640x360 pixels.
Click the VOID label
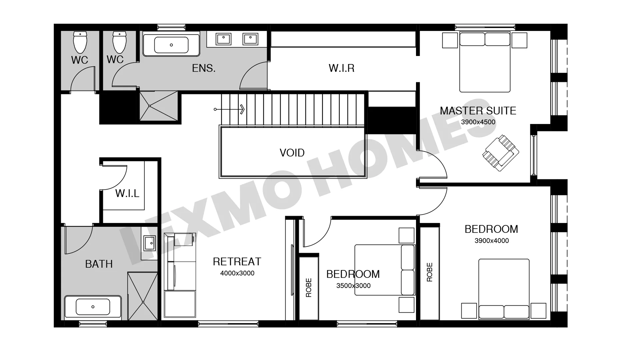pos(292,153)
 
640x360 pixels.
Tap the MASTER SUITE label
pos(478,111)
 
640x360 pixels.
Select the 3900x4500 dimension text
pos(478,122)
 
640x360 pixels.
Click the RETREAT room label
pos(237,262)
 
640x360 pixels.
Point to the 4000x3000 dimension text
pos(237,273)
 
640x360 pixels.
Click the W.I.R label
pos(341,68)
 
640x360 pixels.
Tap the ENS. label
pos(204,68)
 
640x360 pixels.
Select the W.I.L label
pos(127,193)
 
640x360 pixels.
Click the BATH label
pos(99,264)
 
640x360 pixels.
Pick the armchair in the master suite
pos(500,153)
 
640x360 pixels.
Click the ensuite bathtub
pos(171,44)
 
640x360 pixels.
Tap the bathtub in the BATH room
pos(93,307)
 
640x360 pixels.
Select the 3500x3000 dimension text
pos(353,286)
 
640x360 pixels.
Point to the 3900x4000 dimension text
pos(492,241)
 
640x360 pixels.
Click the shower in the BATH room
pos(143,296)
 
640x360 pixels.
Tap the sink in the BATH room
pos(149,243)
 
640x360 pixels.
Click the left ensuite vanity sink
pos(223,39)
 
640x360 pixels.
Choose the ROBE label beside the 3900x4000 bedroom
pos(429,272)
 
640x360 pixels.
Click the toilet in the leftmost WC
pos(80,42)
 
